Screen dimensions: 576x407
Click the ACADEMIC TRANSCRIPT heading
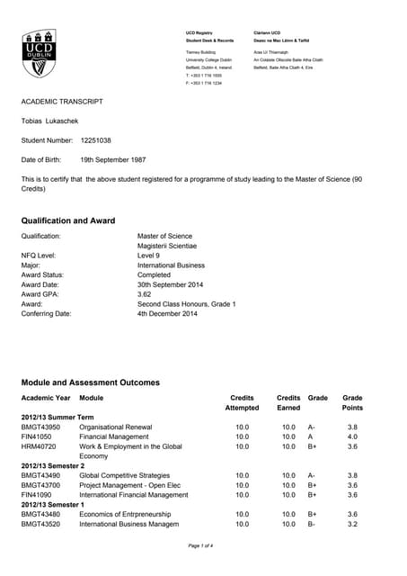(62, 102)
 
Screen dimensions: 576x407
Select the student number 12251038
(96, 140)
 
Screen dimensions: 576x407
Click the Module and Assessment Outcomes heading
(90, 382)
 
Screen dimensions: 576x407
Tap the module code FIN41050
(40, 436)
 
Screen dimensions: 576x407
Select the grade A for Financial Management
(311, 436)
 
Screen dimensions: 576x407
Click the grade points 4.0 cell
(352, 436)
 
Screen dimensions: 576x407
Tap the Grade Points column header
(352, 402)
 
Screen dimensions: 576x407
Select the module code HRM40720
(40, 446)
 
